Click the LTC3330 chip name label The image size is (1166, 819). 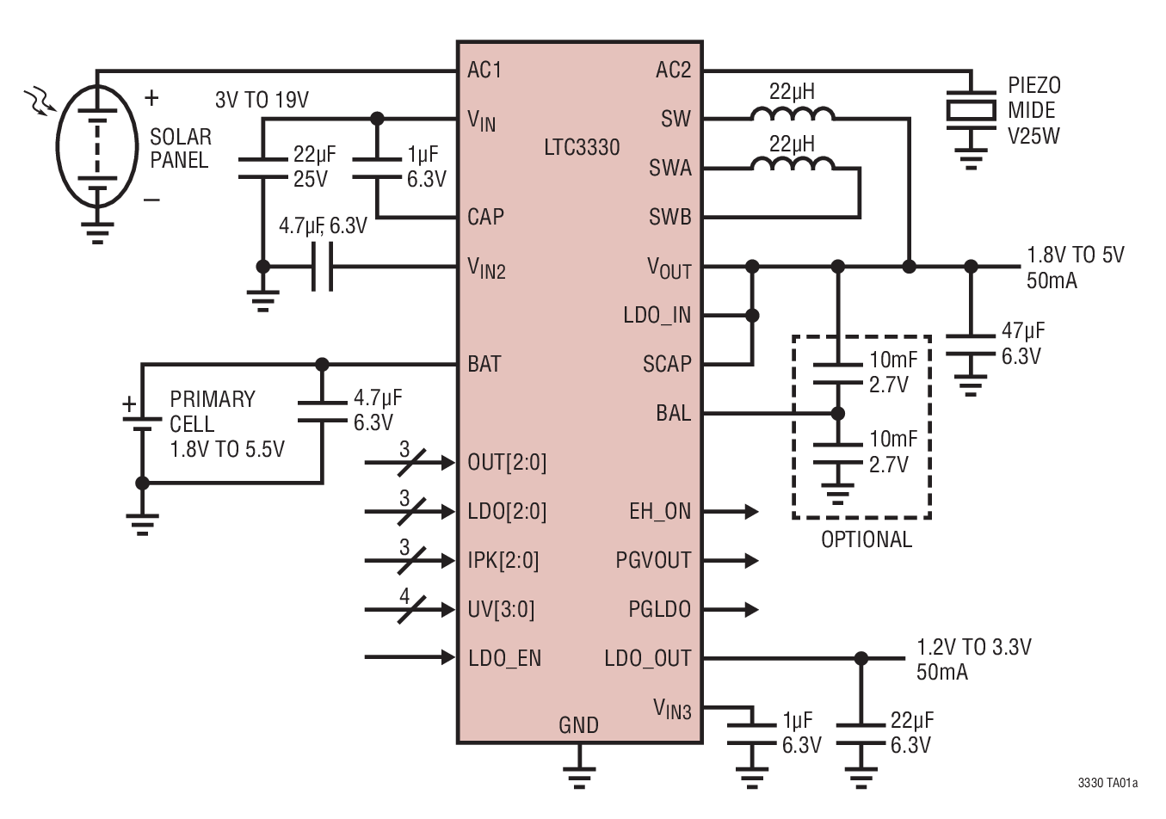[x=582, y=147]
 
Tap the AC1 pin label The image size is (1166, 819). [x=484, y=70]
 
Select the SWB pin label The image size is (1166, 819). [x=669, y=217]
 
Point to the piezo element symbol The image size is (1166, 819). [x=971, y=110]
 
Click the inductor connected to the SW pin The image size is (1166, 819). [x=792, y=114]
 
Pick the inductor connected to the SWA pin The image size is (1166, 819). [x=792, y=164]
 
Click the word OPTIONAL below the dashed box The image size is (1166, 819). [x=866, y=539]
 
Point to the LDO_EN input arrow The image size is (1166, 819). [x=410, y=658]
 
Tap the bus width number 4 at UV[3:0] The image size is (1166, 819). [x=404, y=595]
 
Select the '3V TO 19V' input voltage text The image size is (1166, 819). [x=262, y=100]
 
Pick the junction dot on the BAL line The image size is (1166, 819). [x=837, y=414]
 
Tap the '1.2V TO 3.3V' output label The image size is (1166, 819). [x=973, y=647]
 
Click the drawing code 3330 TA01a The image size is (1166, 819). [x=1107, y=784]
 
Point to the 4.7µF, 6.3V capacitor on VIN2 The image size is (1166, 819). [x=322, y=267]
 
